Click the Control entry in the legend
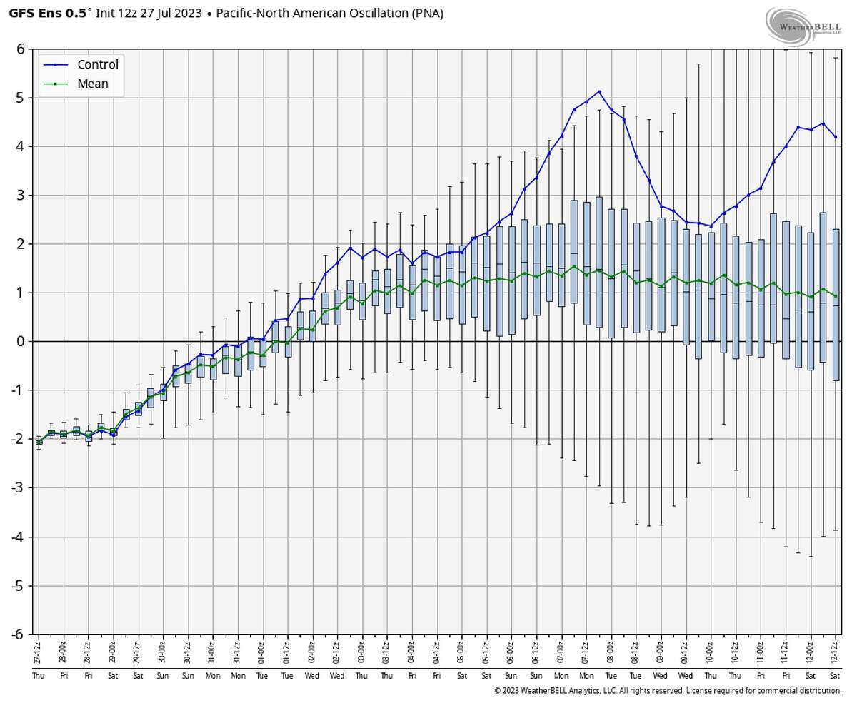pos(97,65)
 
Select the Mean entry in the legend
pos(93,84)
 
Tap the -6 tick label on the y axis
pos(19,634)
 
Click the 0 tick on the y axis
pos(21,341)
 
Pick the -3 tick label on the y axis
pos(19,487)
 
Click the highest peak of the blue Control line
pos(599,91)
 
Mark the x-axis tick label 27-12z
pos(39,653)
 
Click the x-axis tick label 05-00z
pos(461,653)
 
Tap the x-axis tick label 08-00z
pos(611,653)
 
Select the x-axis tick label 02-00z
pos(312,653)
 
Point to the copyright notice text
pos(667,691)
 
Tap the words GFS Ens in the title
pos(32,13)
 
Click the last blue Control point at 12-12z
pos(836,137)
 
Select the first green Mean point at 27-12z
pos(39,442)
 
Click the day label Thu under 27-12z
pos(39,676)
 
